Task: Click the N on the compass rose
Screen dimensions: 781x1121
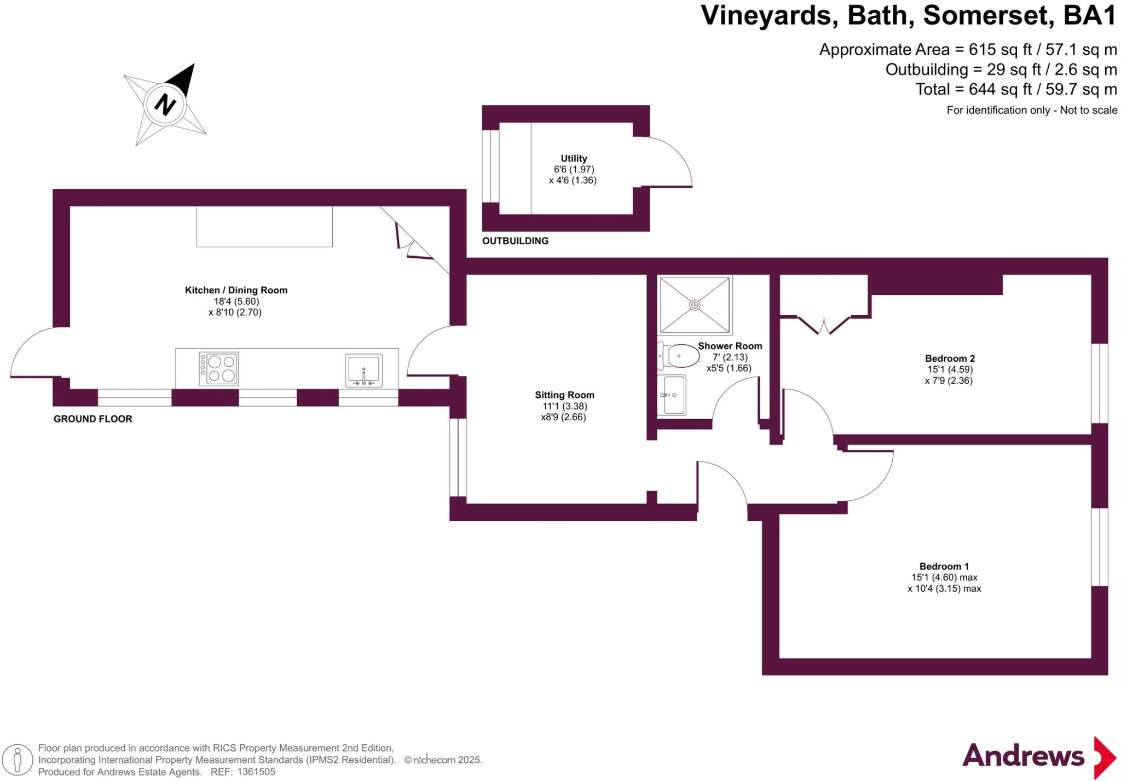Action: [x=165, y=104]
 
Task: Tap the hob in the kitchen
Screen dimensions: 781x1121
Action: [x=218, y=368]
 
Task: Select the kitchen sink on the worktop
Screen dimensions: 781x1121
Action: [x=364, y=370]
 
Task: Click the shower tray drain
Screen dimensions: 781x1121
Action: [x=695, y=305]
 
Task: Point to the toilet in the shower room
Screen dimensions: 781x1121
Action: [x=679, y=356]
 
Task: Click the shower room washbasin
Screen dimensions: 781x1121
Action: [x=671, y=395]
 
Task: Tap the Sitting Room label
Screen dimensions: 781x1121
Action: [x=564, y=395]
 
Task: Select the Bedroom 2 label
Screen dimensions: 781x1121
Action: [x=950, y=358]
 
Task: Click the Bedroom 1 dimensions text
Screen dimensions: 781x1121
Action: [x=944, y=583]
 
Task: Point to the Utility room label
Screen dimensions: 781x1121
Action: [x=574, y=158]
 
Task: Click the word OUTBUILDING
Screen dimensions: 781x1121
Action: [x=515, y=241]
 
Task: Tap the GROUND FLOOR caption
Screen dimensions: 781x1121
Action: [x=93, y=419]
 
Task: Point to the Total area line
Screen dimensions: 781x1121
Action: [x=1015, y=89]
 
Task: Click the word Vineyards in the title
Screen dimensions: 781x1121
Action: [x=768, y=15]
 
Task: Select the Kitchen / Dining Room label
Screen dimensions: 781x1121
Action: [x=236, y=290]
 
